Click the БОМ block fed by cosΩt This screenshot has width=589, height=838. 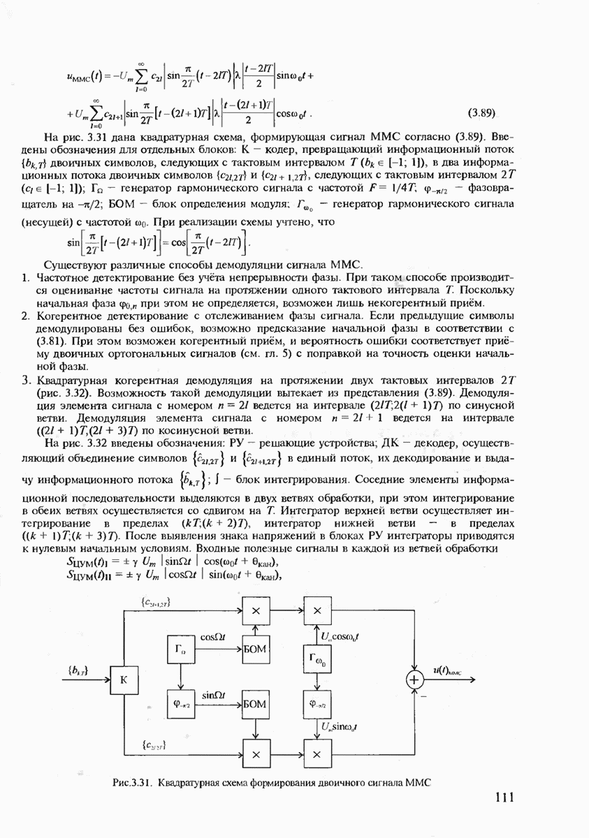click(x=256, y=649)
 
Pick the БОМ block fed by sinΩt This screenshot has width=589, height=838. click(x=256, y=704)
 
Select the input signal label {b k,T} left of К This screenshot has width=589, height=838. click(x=77, y=670)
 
